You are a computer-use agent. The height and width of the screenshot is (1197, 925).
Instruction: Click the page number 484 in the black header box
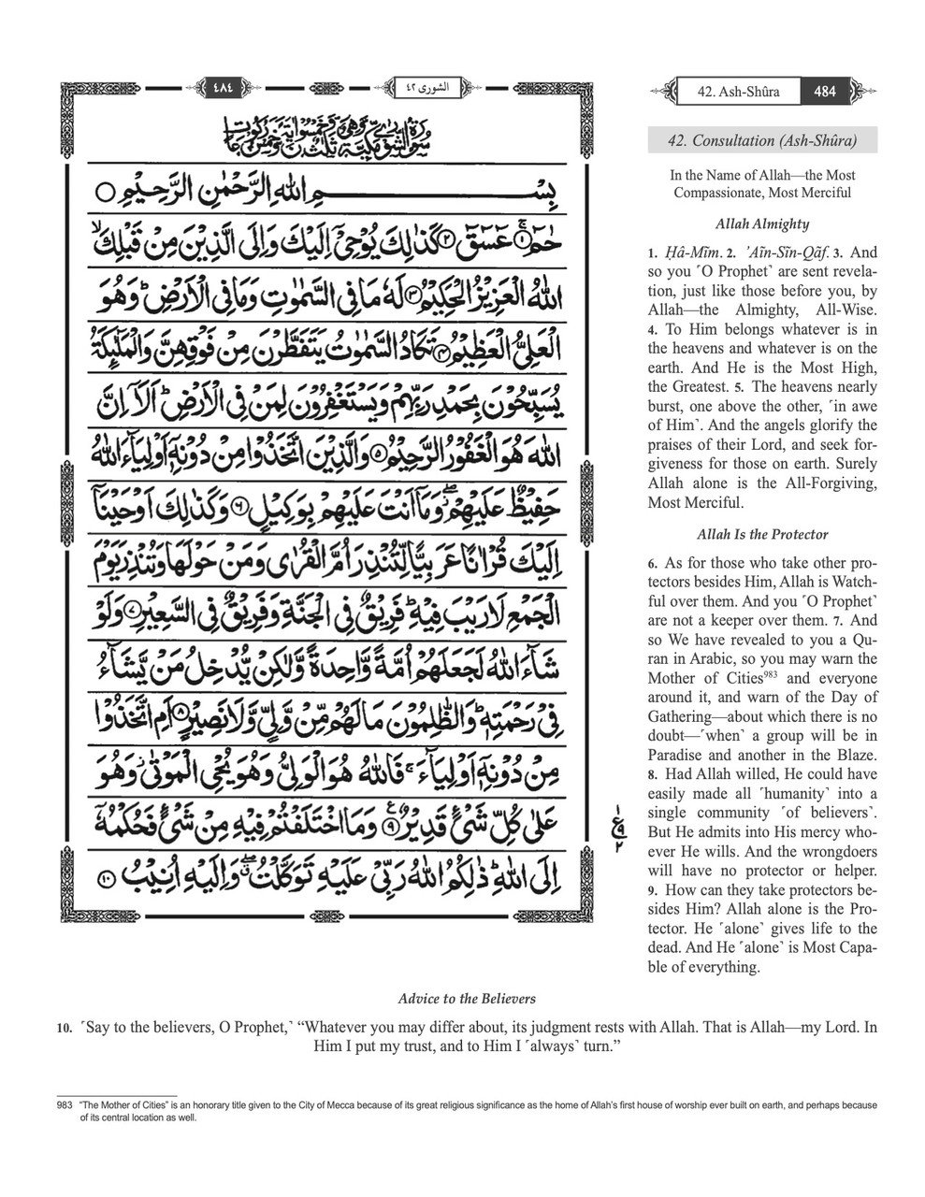[x=825, y=92]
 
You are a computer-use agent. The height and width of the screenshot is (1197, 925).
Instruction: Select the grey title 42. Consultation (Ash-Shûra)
[x=761, y=140]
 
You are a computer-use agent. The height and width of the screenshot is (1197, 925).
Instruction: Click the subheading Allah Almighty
[x=761, y=224]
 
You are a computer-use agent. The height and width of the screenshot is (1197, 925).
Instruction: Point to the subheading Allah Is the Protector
[x=761, y=535]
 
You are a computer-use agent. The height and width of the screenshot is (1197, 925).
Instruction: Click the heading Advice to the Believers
[x=467, y=998]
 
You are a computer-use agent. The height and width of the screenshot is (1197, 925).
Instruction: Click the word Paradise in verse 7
[x=679, y=756]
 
